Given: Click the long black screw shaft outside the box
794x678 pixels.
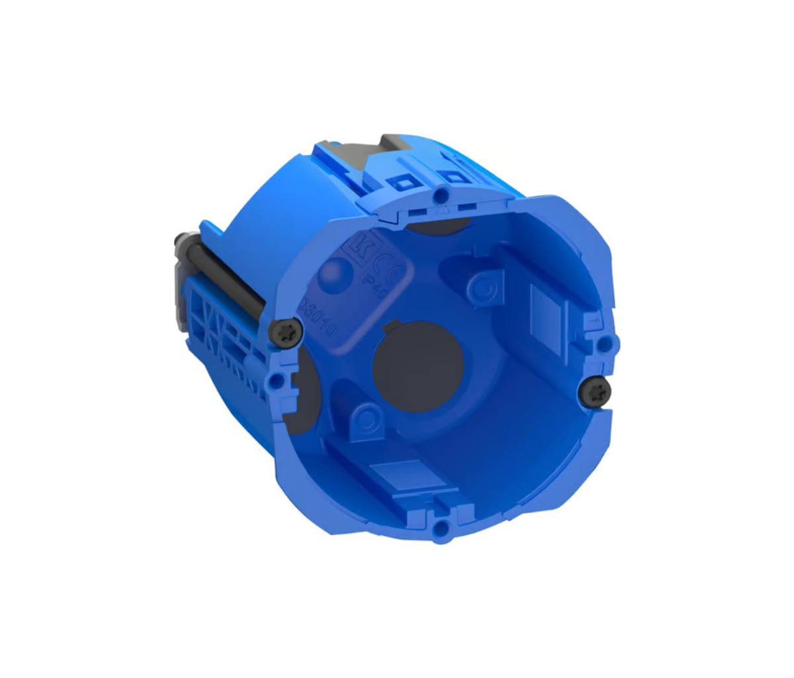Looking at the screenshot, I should (226, 279).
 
